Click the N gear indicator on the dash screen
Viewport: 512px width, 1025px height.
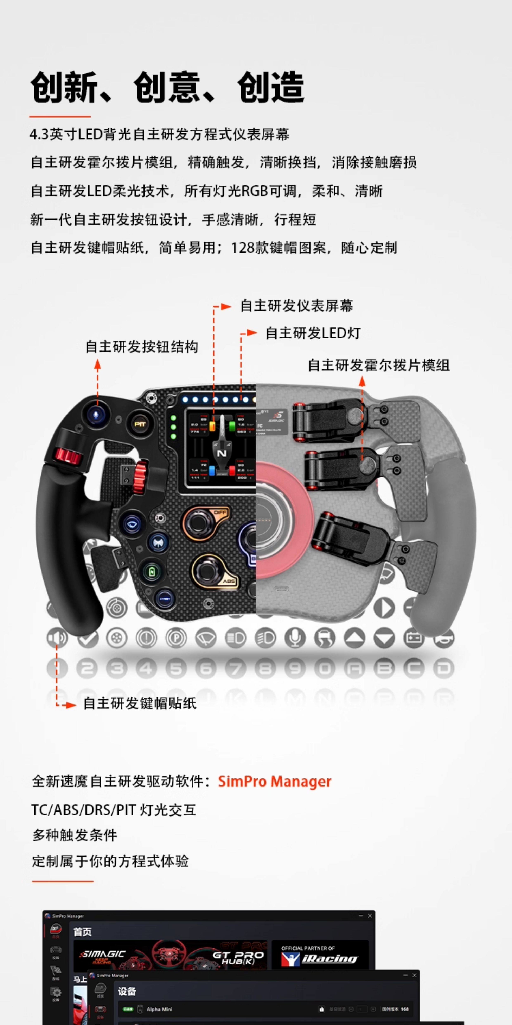coord(221,453)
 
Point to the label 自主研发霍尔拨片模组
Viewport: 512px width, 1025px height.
coord(378,365)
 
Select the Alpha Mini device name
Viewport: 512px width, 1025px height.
coord(159,1009)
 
